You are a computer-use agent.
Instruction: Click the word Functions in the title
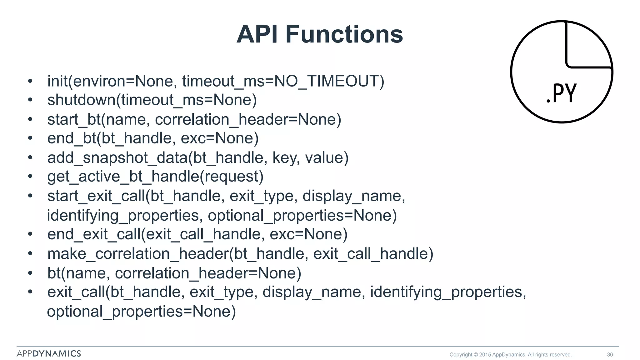(344, 34)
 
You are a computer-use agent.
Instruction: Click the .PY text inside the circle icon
(561, 93)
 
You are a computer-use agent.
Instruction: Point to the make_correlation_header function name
(138, 254)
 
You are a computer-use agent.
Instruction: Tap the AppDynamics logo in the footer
(49, 354)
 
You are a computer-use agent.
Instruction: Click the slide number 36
(610, 355)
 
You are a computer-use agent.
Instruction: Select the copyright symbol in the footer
(476, 355)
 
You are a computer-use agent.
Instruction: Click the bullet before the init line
(30, 81)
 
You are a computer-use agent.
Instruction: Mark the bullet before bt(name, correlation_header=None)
(30, 273)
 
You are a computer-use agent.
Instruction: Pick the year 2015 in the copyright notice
(485, 355)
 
